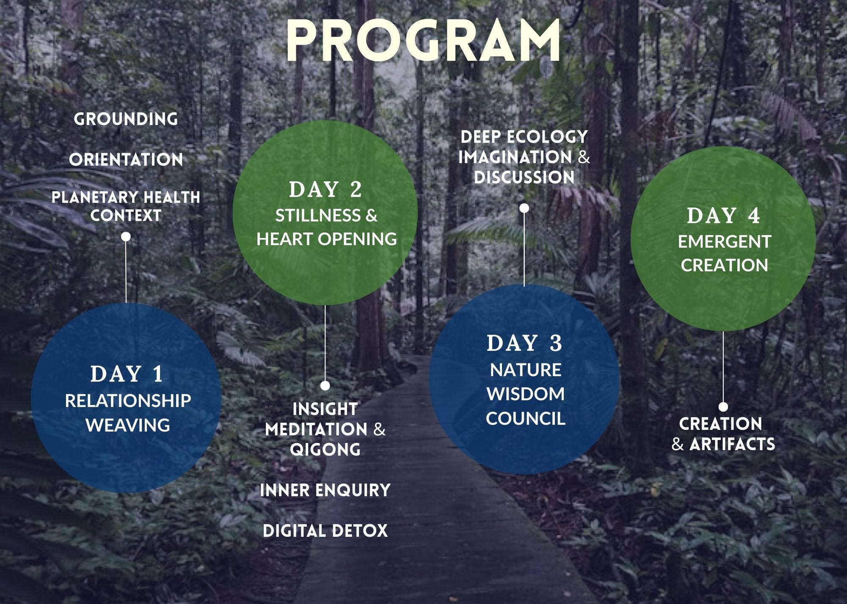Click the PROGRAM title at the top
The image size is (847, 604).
423,41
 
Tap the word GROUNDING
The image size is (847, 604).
126,119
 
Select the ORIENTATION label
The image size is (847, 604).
126,159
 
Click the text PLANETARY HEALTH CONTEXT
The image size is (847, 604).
126,206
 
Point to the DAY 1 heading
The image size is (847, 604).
127,374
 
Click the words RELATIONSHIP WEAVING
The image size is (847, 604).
127,413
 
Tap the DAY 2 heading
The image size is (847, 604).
325,189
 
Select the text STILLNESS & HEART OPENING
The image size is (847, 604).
327,227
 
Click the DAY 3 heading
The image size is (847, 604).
524,343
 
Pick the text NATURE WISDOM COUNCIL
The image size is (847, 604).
525,394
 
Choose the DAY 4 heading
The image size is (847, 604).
723,215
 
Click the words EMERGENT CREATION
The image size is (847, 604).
724,253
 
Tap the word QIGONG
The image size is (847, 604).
325,449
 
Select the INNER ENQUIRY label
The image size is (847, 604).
325,490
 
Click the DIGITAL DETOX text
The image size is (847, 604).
325,530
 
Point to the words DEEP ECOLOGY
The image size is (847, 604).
524,137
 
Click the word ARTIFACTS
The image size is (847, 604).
732,444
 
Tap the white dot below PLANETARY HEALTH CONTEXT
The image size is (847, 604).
126,237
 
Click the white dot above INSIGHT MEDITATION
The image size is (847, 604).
325,385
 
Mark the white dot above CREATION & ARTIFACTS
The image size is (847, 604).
723,406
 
